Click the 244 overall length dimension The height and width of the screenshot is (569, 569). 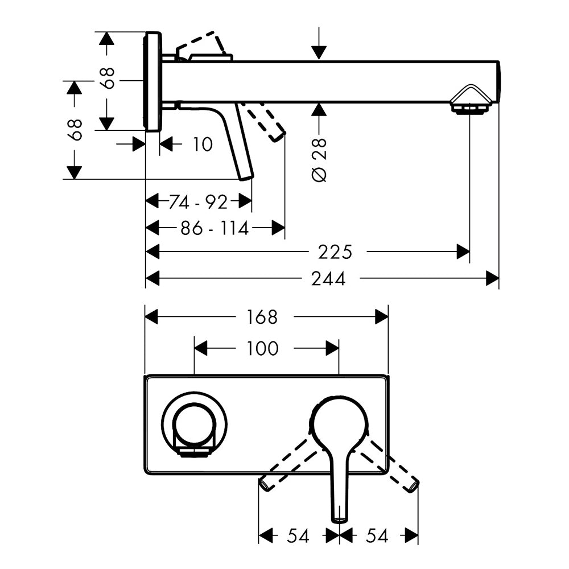click(x=328, y=279)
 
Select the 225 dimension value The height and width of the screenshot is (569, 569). click(x=335, y=251)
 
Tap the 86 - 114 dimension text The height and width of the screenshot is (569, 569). click(x=215, y=229)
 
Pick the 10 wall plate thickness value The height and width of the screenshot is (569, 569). click(x=202, y=145)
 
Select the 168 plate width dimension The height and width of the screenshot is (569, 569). click(x=262, y=317)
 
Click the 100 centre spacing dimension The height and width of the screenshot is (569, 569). click(x=263, y=348)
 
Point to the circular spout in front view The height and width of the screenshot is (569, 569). click(x=193, y=423)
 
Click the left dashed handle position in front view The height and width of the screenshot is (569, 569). click(x=287, y=465)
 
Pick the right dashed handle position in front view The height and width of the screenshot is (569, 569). click(x=393, y=465)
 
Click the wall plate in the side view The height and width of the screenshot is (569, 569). click(x=152, y=82)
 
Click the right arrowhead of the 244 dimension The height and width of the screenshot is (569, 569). click(x=492, y=279)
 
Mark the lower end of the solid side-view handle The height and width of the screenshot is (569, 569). click(x=246, y=175)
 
